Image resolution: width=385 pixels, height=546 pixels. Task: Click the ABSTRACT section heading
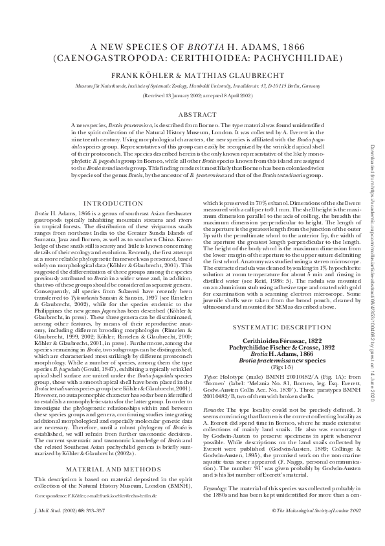(192, 113)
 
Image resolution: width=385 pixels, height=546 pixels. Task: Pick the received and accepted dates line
(192, 94)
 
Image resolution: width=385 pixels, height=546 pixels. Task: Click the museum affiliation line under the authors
(192, 85)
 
